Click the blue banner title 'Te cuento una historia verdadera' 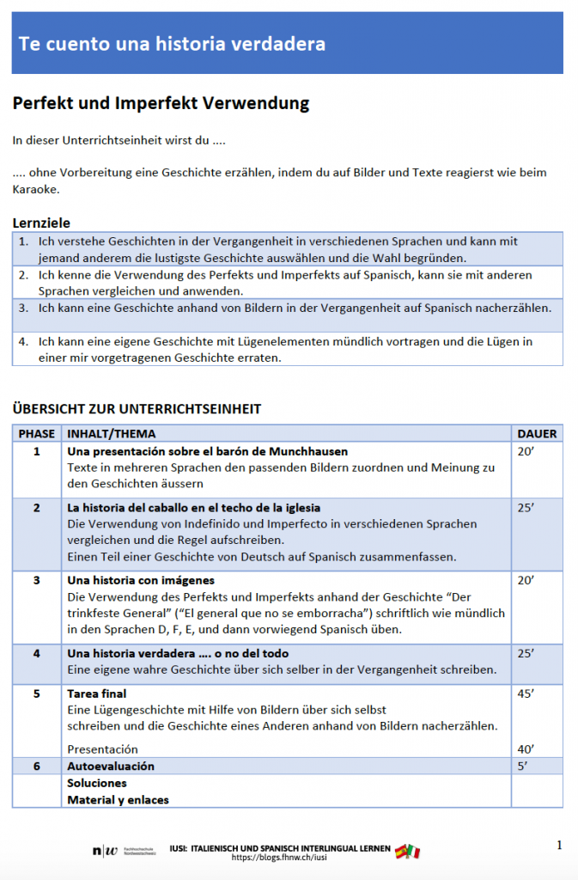(172, 44)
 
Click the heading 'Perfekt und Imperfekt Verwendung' (161, 104)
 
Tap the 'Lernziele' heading (41, 223)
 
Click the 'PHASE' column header (37, 434)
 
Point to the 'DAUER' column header (537, 434)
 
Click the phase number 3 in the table (37, 581)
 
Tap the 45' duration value (526, 694)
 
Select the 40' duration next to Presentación (526, 749)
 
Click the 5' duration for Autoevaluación (523, 766)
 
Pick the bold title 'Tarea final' (97, 694)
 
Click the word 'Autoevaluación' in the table (111, 766)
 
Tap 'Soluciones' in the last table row (97, 783)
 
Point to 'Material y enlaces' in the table (119, 799)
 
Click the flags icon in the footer (407, 852)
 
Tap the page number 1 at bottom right (559, 846)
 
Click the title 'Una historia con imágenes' (141, 581)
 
